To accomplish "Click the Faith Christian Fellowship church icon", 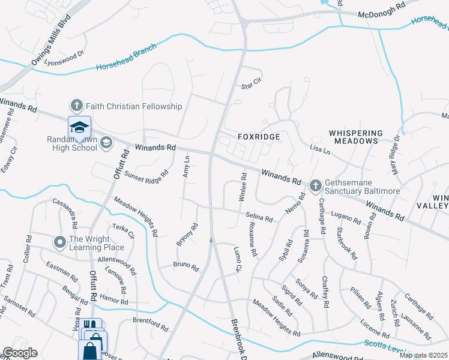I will pyautogui.click(x=76, y=106).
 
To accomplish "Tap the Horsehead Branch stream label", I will pyautogui.click(x=126, y=57).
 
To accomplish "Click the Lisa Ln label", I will pyautogui.click(x=320, y=149).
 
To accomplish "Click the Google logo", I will pyautogui.click(x=20, y=353).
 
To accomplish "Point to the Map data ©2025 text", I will pyautogui.click(x=423, y=355).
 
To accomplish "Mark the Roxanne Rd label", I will pyautogui.click(x=251, y=241).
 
